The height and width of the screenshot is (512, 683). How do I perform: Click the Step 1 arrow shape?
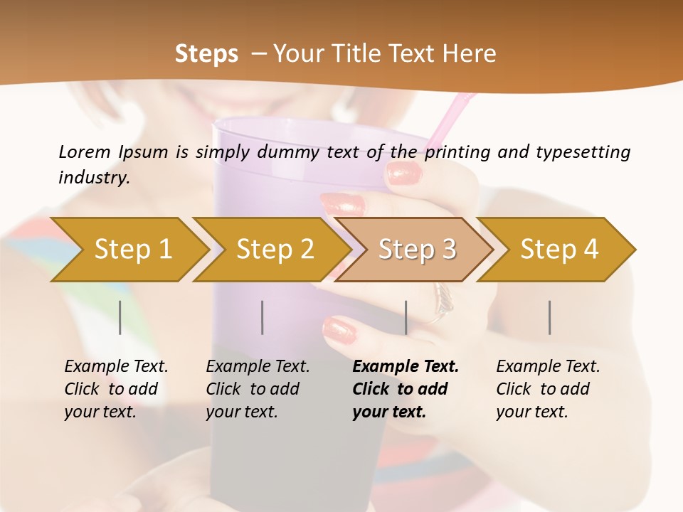133,250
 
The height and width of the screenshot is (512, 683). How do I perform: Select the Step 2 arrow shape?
275,250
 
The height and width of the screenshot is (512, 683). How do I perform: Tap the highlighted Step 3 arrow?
417,250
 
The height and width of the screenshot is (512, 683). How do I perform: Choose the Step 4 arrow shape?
559,250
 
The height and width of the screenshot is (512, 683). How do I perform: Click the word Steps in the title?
206,53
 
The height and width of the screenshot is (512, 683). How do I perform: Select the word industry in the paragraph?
94,177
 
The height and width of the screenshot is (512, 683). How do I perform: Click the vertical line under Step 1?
120,317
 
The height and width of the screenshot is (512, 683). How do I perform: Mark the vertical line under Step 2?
263,317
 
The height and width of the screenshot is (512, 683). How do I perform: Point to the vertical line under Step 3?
406,317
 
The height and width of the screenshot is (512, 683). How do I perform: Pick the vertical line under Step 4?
549,317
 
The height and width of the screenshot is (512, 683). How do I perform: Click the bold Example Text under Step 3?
406,367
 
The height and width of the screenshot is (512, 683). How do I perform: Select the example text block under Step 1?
115,389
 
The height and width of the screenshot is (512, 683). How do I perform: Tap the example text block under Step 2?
257,389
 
